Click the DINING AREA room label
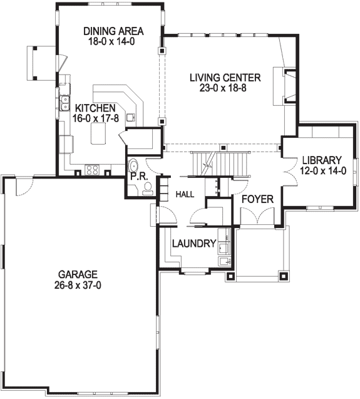click(113, 31)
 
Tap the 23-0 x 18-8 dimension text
click(223, 88)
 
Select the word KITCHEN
click(95, 108)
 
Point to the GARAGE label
click(78, 274)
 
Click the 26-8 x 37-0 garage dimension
click(78, 286)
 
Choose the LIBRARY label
click(322, 160)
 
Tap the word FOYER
click(257, 199)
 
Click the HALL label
click(185, 194)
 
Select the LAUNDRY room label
click(194, 244)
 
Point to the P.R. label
click(139, 177)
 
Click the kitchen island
click(98, 133)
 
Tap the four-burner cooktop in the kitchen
click(92, 170)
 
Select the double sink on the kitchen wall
click(65, 103)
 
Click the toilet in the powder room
click(147, 189)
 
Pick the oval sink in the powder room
click(133, 165)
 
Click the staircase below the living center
click(220, 164)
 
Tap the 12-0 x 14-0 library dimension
click(323, 171)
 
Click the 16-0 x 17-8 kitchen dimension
click(96, 118)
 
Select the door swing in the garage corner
click(24, 187)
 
